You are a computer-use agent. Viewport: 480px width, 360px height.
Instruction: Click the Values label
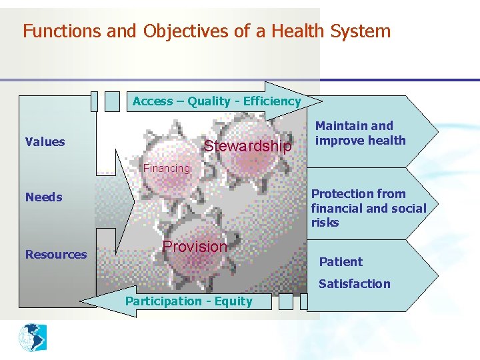tap(45, 141)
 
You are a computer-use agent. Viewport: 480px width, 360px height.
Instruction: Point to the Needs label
tap(43, 197)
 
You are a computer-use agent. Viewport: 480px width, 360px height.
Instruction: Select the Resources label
tap(56, 254)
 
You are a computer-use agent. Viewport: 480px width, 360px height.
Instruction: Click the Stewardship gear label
tap(247, 146)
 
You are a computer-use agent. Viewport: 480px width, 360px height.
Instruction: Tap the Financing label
tap(167, 168)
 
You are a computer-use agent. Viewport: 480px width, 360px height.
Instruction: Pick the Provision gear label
tap(195, 246)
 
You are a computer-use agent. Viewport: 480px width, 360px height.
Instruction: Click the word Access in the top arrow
tap(153, 101)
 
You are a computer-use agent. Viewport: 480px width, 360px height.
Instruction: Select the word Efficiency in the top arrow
tap(272, 101)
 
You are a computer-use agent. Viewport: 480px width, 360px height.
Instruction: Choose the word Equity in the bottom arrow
tap(233, 301)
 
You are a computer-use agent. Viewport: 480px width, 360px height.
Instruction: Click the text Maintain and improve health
tap(360, 133)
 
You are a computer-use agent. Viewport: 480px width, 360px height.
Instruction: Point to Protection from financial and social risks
tap(368, 208)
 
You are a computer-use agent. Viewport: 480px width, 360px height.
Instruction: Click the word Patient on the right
tap(341, 262)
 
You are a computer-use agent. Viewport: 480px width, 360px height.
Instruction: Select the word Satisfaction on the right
tap(354, 283)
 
